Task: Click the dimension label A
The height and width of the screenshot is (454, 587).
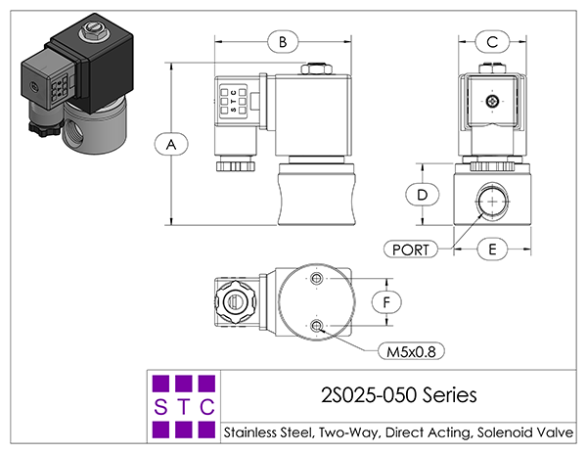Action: click(171, 144)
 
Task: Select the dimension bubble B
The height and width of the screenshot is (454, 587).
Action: click(283, 41)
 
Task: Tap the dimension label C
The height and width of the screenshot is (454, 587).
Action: click(492, 41)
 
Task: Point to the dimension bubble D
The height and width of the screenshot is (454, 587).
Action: click(423, 195)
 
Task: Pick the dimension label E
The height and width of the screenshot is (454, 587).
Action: click(492, 249)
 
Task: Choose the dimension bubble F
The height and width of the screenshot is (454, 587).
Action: click(386, 302)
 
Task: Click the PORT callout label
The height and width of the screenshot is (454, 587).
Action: click(411, 250)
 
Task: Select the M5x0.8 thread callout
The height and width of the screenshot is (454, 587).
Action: click(411, 351)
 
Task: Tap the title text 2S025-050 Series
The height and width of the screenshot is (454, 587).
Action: click(399, 395)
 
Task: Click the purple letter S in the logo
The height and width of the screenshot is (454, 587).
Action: click(160, 407)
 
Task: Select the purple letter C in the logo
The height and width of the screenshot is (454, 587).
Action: click(207, 407)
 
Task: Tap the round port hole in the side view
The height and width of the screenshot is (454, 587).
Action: click(493, 202)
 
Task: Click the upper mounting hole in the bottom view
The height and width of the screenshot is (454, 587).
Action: click(317, 278)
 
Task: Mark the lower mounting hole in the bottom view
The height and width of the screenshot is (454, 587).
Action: click(317, 326)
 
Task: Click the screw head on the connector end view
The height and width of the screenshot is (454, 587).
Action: click(492, 101)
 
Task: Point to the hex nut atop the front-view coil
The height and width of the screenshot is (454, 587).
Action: click(316, 68)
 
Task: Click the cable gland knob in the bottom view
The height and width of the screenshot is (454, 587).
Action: click(237, 301)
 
